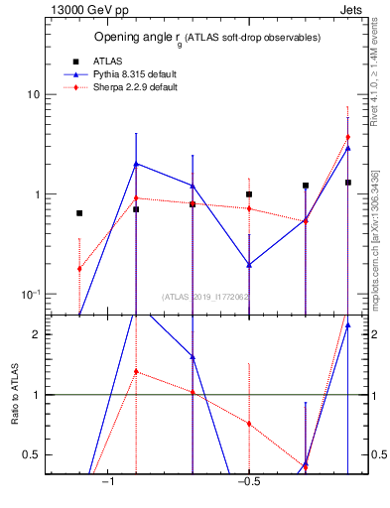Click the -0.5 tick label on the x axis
(x=248, y=482)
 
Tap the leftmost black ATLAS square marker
(x=79, y=212)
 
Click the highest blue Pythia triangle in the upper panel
(x=136, y=164)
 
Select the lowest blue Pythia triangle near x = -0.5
(x=249, y=265)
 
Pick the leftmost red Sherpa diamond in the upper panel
(x=79, y=269)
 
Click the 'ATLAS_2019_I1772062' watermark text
(x=206, y=296)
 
